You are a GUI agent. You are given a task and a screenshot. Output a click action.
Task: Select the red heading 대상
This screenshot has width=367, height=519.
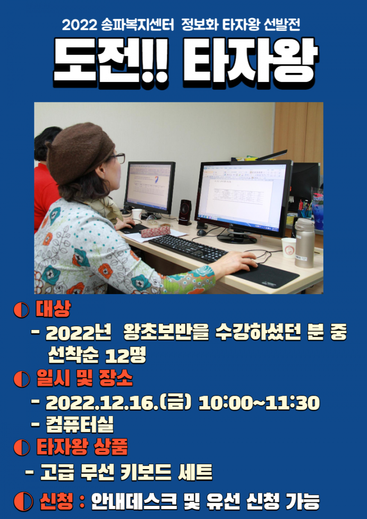pos(53,310)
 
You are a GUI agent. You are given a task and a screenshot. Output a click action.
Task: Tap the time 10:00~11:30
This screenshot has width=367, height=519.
pos(259,403)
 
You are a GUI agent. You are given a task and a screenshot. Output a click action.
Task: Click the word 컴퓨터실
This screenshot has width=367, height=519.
pos(80,425)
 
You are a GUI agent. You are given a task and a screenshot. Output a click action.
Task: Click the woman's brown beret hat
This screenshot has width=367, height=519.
pos(79,152)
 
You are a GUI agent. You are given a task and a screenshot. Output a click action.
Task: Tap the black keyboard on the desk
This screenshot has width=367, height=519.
pos(188,248)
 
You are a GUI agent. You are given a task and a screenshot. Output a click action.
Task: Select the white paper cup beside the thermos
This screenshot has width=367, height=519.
pos(289,247)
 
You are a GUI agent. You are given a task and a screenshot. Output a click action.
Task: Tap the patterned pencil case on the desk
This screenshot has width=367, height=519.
pos(155,231)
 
